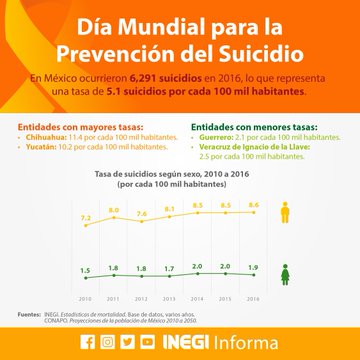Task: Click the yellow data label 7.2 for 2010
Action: click(x=85, y=217)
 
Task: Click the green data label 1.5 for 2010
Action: click(x=85, y=271)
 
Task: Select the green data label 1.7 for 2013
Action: click(x=169, y=269)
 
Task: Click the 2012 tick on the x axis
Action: click(x=141, y=298)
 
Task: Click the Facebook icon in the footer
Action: click(x=88, y=341)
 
